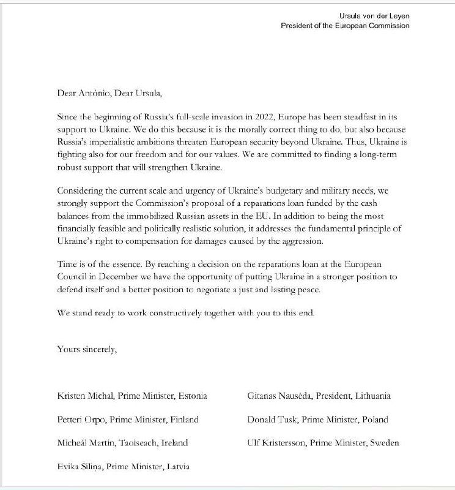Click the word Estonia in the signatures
click(x=193, y=396)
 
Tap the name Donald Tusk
click(x=272, y=420)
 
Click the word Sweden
click(x=384, y=443)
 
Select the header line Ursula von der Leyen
click(x=375, y=15)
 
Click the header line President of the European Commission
click(x=345, y=26)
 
